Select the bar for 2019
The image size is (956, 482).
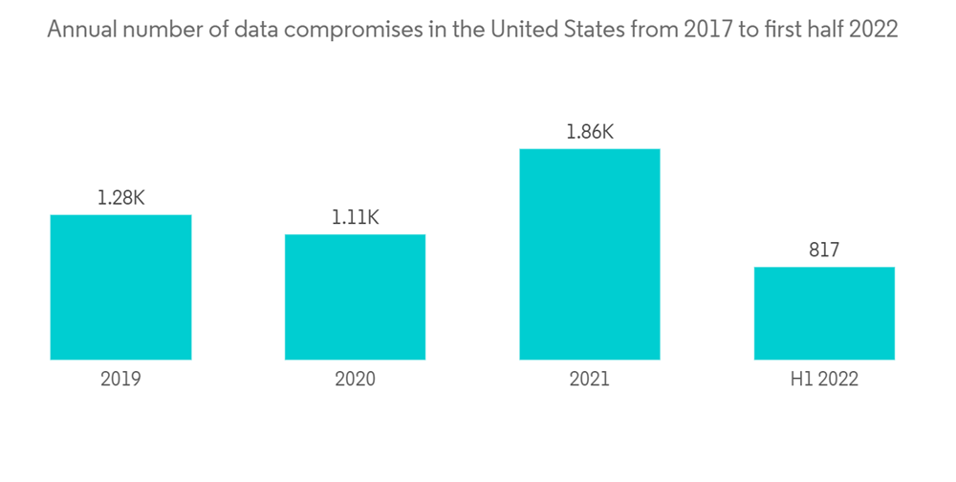click(120, 287)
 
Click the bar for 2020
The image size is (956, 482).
click(355, 296)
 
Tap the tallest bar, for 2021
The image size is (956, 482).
click(589, 254)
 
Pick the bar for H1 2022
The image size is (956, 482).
click(824, 313)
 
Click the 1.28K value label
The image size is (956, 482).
click(120, 199)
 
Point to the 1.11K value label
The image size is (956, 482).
click(355, 218)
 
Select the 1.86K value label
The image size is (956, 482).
click(589, 133)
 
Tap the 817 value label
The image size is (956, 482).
click(824, 251)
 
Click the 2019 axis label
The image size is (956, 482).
click(120, 379)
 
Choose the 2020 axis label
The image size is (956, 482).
click(355, 379)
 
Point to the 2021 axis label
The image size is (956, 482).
click(589, 379)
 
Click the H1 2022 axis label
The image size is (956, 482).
click(824, 379)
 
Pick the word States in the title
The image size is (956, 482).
click(585, 30)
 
